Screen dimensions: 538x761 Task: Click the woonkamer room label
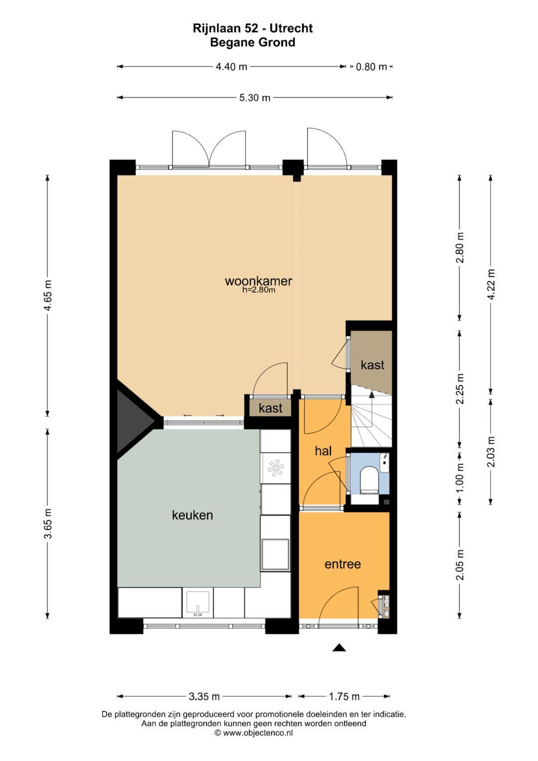pyautogui.click(x=259, y=281)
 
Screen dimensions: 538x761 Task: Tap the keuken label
pyautogui.click(x=192, y=515)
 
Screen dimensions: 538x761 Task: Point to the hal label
pyautogui.click(x=323, y=451)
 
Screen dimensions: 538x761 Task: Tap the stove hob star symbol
pyautogui.click(x=275, y=468)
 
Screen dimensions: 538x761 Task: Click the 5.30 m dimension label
pyautogui.click(x=255, y=98)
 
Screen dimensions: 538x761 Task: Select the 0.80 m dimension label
pyautogui.click(x=371, y=67)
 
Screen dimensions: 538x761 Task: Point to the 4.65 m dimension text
pyautogui.click(x=48, y=295)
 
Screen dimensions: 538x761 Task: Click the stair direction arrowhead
pyautogui.click(x=372, y=394)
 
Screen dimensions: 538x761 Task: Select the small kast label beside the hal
pyautogui.click(x=270, y=408)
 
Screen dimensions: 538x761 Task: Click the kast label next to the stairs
pyautogui.click(x=372, y=365)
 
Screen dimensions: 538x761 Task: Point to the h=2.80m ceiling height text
pyautogui.click(x=259, y=290)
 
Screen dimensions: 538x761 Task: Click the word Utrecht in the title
pyautogui.click(x=291, y=28)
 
